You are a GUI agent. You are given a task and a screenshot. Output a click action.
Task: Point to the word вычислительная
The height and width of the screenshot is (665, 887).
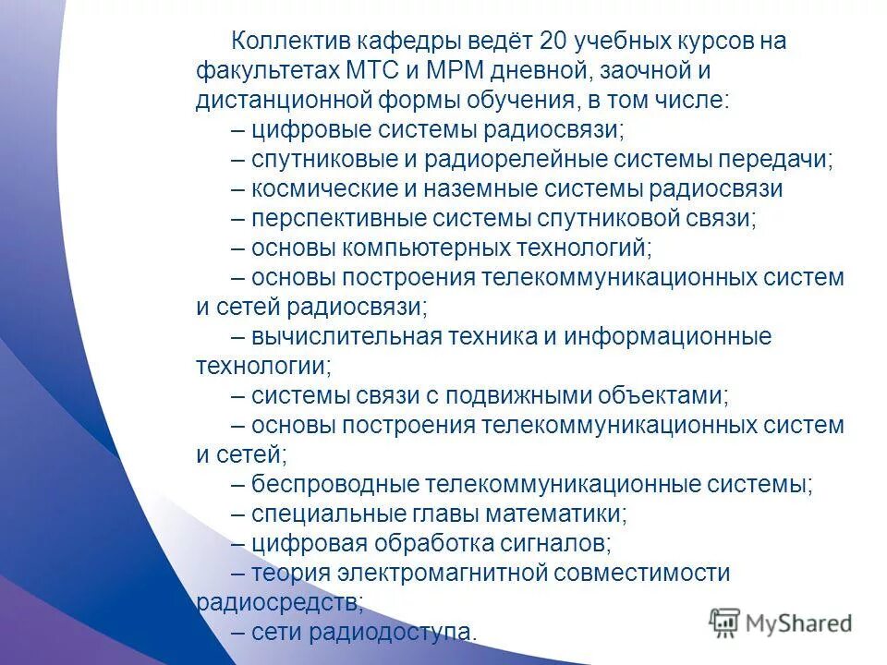(x=346, y=336)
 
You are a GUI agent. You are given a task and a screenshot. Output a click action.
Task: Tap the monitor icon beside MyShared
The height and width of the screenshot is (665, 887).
(x=725, y=622)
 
